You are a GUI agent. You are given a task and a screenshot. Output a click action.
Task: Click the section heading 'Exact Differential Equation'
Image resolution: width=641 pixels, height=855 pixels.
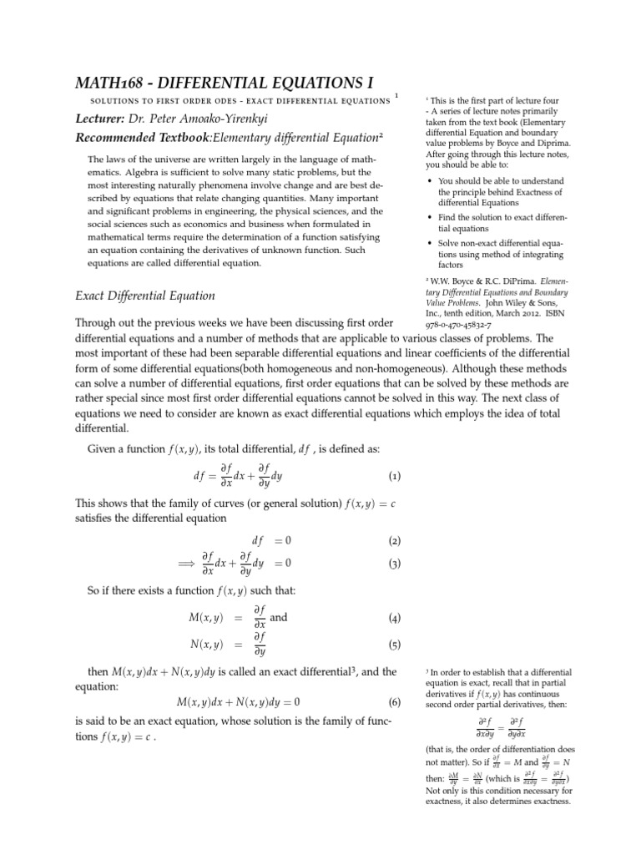pos(145,295)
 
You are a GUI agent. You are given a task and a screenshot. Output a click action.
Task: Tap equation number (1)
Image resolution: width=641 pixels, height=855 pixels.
pos(395,477)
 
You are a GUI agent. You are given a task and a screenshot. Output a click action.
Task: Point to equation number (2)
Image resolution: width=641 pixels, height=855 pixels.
pos(395,541)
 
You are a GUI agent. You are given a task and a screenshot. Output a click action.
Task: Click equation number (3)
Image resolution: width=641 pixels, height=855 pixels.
pos(395,564)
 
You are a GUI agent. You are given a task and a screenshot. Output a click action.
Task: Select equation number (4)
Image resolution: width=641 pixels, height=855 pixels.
pos(395,619)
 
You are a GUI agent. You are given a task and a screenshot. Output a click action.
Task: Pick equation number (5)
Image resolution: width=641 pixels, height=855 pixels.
pos(395,645)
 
